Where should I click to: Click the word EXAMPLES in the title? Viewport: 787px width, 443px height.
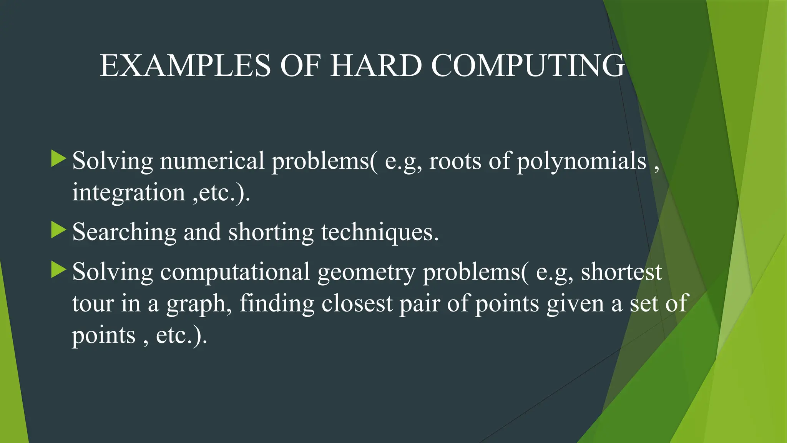coord(185,65)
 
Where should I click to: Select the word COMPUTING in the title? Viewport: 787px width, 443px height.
coord(528,65)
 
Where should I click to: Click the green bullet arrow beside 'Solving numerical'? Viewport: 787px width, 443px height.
coord(58,159)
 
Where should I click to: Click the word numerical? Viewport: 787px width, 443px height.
coord(212,161)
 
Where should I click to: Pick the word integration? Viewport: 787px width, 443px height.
coord(129,192)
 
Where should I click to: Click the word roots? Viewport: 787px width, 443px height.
coord(455,161)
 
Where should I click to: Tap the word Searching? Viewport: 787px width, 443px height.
coord(124,232)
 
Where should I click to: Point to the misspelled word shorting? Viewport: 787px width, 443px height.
coord(271,232)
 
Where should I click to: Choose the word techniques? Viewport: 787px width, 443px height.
coord(379,232)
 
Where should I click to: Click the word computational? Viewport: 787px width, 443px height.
coord(235,272)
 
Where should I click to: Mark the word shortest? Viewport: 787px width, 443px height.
coord(621,272)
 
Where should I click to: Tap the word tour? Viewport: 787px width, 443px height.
coord(93,303)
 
